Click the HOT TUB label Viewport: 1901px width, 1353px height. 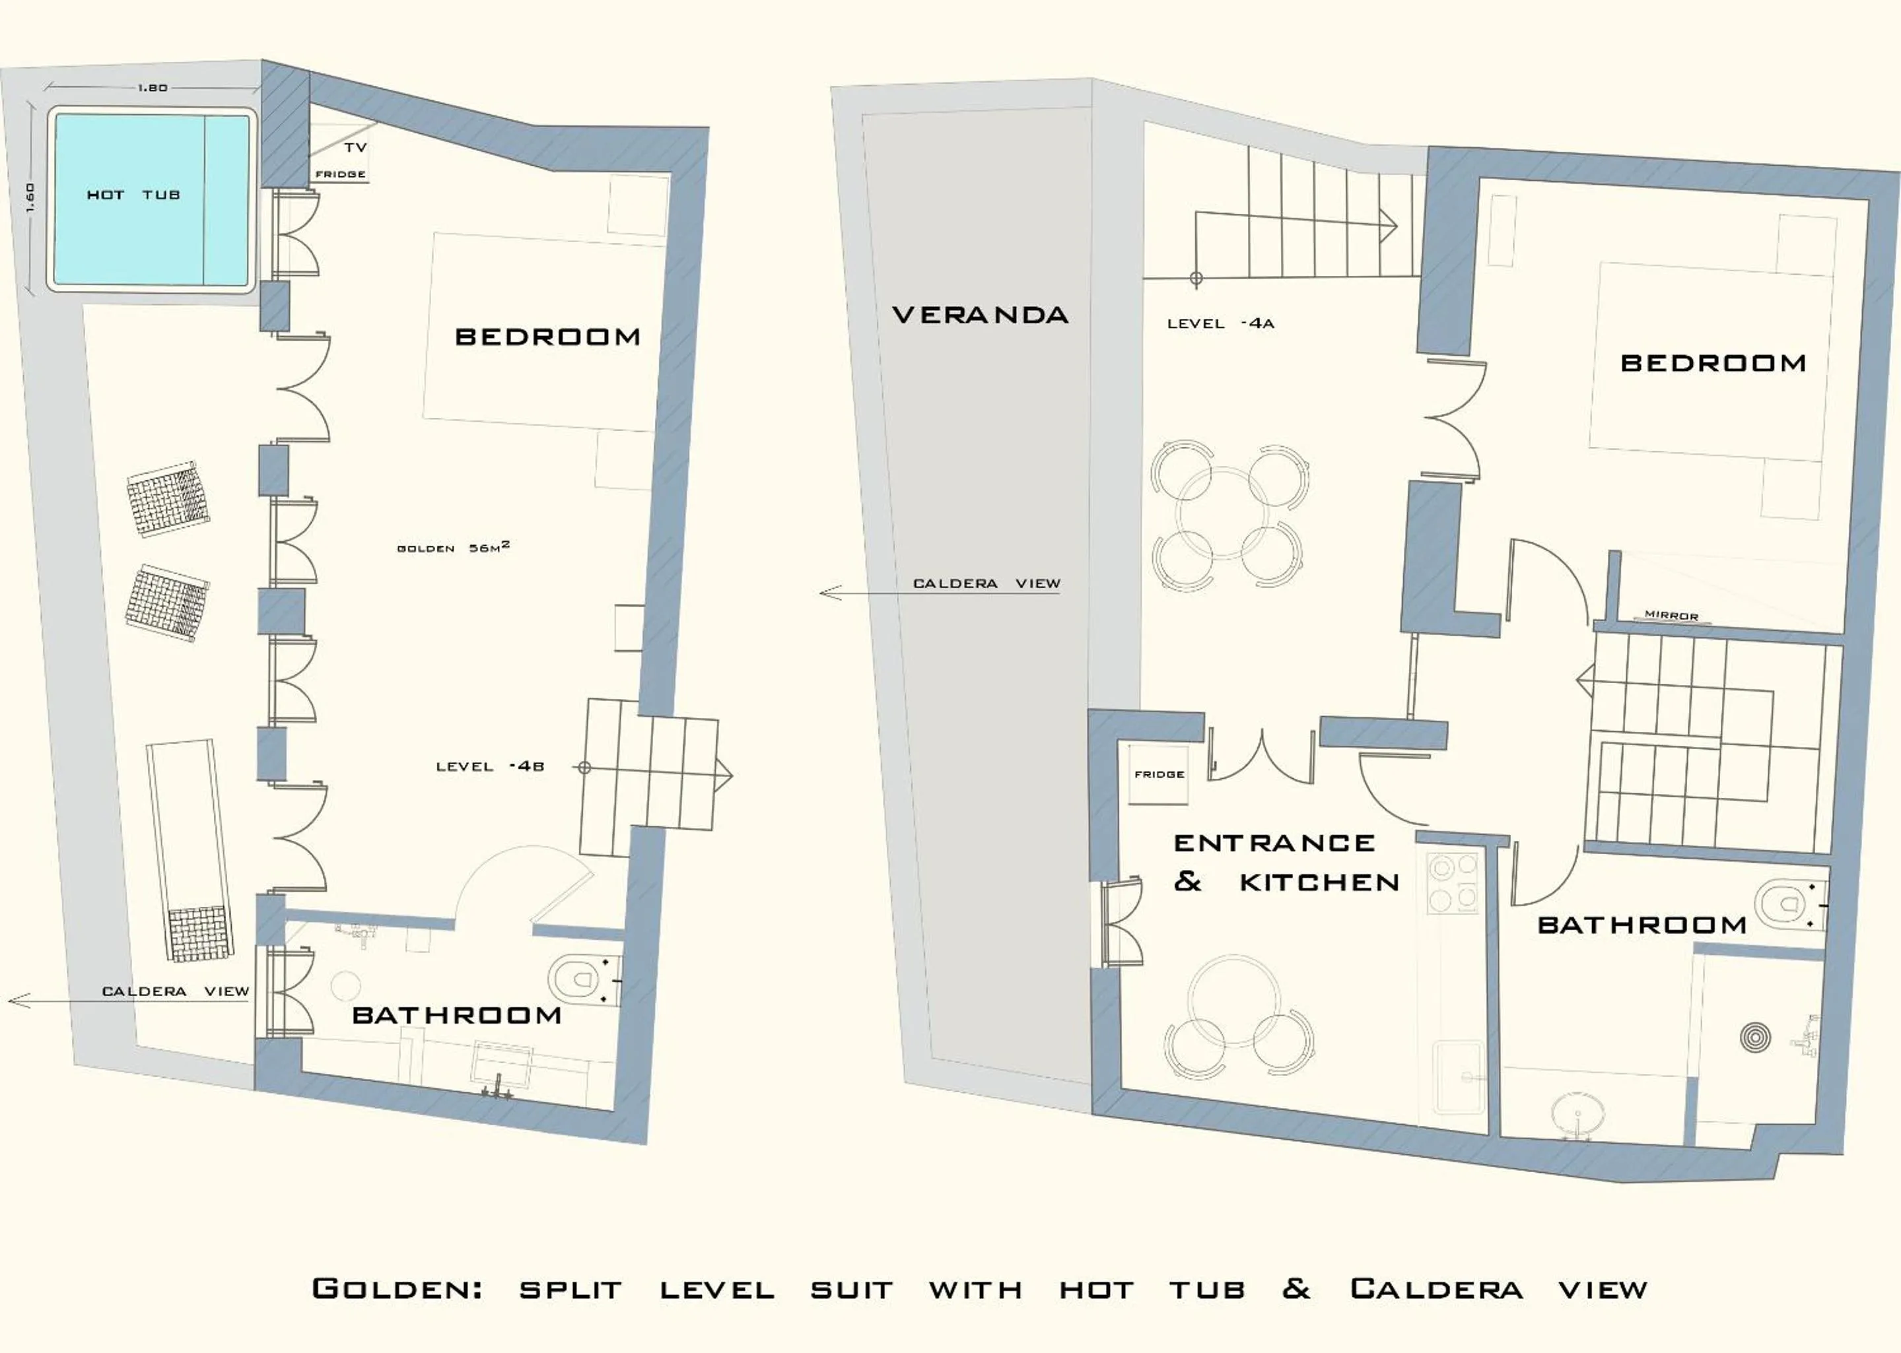click(x=133, y=195)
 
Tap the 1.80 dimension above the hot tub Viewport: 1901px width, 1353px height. click(x=152, y=88)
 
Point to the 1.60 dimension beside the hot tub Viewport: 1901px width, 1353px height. click(x=30, y=197)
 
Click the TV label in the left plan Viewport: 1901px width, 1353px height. click(x=355, y=147)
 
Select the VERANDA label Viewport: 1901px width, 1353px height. click(x=979, y=315)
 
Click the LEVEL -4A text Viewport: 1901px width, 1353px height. click(x=1220, y=323)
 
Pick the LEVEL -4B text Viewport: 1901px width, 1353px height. click(x=490, y=766)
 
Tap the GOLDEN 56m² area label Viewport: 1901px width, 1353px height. click(x=452, y=547)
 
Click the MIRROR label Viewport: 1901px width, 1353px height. click(x=1671, y=616)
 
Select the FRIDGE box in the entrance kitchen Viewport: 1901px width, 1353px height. click(x=1158, y=775)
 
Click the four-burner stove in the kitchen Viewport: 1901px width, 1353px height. click(x=1453, y=883)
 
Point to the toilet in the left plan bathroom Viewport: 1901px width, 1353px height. click(x=581, y=979)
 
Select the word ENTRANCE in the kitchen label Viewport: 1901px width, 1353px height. click(x=1274, y=843)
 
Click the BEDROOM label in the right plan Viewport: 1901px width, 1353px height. click(x=1713, y=363)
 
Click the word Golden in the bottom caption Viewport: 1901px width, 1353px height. click(x=397, y=1289)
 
